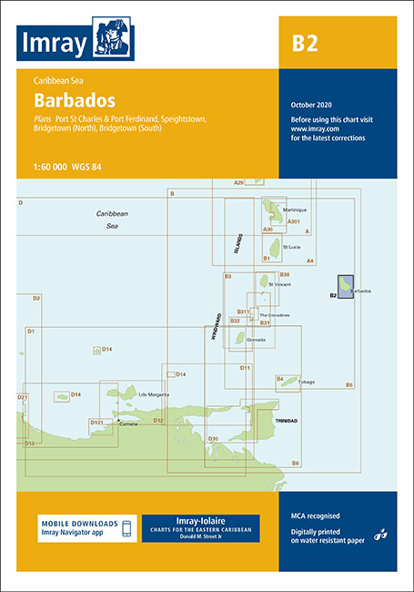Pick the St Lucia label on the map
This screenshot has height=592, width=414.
[291, 247]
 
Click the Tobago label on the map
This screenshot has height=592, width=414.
[305, 382]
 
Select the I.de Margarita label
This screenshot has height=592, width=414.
[152, 393]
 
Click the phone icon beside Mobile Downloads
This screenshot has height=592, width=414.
[128, 528]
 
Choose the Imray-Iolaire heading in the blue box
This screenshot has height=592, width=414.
[200, 520]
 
